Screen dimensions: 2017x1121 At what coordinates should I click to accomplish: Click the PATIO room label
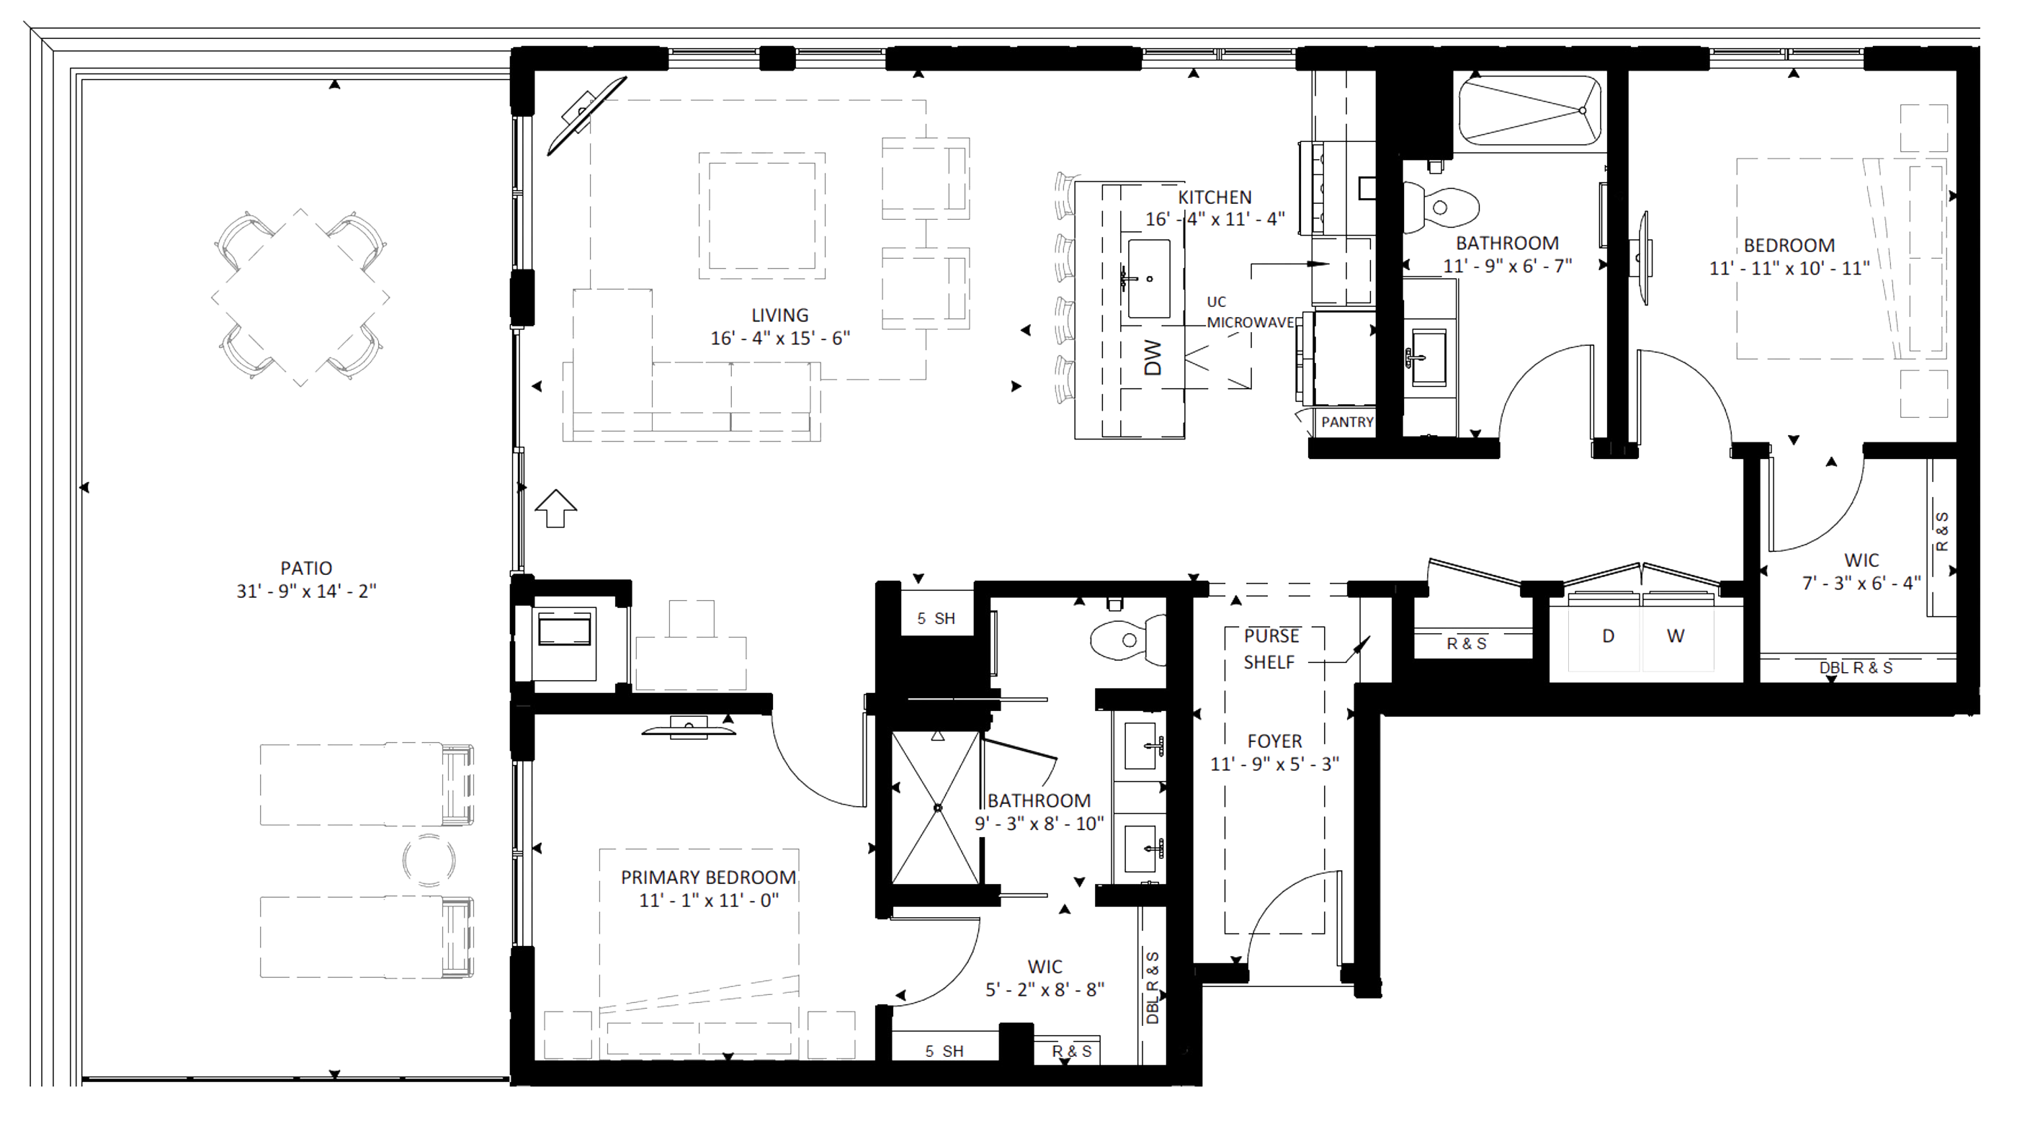[x=306, y=568]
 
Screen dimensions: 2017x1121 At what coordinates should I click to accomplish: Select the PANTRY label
[x=1347, y=422]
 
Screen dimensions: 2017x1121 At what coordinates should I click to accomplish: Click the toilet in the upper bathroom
[x=1439, y=207]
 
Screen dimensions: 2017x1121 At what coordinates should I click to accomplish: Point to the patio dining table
[x=300, y=298]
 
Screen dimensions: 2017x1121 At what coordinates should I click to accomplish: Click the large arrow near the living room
[x=556, y=508]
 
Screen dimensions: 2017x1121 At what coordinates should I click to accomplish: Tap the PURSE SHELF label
[x=1271, y=649]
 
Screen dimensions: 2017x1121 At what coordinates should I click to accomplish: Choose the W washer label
[x=1675, y=635]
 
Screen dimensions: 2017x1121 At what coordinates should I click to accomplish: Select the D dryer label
[x=1609, y=635]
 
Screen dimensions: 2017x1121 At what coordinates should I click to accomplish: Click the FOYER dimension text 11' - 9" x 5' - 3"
[x=1275, y=764]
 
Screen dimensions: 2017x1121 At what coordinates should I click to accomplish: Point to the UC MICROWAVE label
[x=1250, y=311]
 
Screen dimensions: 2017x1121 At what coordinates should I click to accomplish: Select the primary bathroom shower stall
[x=936, y=808]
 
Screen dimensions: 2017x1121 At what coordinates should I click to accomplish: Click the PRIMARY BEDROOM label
[x=708, y=877]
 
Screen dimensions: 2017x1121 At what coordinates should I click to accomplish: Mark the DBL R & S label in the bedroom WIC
[x=1855, y=668]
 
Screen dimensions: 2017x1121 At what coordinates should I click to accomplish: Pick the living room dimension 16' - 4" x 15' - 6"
[x=780, y=338]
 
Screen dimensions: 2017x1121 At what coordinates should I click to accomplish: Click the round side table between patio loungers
[x=429, y=859]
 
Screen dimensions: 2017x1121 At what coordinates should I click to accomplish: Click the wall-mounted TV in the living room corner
[x=586, y=115]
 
